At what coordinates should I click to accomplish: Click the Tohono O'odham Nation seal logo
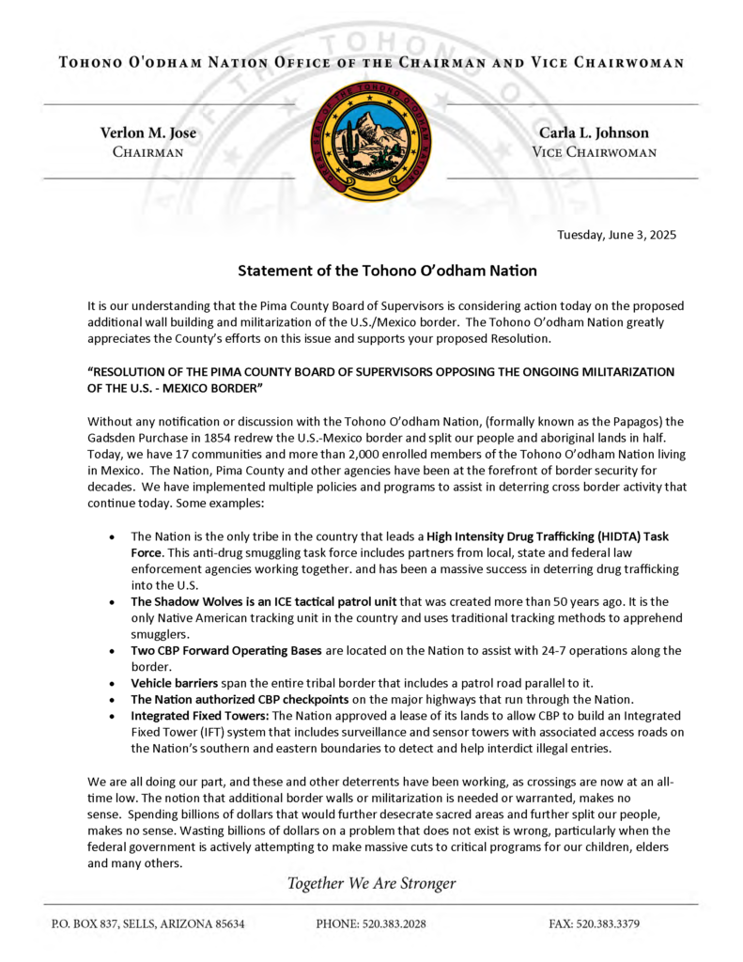[370, 142]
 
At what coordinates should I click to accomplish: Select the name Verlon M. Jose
[147, 133]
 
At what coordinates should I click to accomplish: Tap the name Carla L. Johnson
[594, 133]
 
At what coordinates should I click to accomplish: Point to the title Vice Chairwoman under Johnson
[594, 152]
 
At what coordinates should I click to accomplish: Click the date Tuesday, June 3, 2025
[616, 235]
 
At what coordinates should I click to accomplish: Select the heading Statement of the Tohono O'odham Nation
[387, 271]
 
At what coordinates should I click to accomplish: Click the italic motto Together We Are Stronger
[371, 883]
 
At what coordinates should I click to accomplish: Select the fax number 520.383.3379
[608, 923]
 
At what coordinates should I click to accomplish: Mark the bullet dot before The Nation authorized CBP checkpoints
[114, 700]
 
